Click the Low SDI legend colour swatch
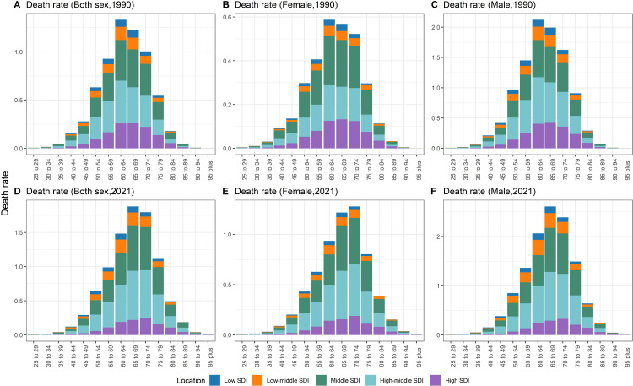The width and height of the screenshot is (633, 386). (214, 380)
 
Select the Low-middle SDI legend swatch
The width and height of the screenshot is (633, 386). (257, 380)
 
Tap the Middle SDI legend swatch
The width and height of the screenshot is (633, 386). (321, 380)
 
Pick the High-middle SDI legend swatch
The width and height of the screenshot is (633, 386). (371, 380)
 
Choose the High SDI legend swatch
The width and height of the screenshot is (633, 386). (436, 380)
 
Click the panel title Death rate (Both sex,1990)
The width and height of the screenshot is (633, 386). (80, 5)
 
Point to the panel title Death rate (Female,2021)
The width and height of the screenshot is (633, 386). (286, 191)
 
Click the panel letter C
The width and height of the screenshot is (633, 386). (435, 5)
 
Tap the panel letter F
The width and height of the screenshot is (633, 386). (434, 191)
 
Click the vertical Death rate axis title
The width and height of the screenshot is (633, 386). (5, 193)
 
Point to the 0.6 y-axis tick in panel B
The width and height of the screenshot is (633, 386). (226, 18)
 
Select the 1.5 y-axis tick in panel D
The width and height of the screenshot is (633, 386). (18, 232)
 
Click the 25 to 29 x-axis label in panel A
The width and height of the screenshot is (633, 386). (36, 170)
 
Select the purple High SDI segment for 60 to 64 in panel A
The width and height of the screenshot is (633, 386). (121, 136)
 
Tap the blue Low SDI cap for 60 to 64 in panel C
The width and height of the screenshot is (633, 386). (538, 23)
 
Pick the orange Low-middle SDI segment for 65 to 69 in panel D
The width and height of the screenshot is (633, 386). (133, 219)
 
